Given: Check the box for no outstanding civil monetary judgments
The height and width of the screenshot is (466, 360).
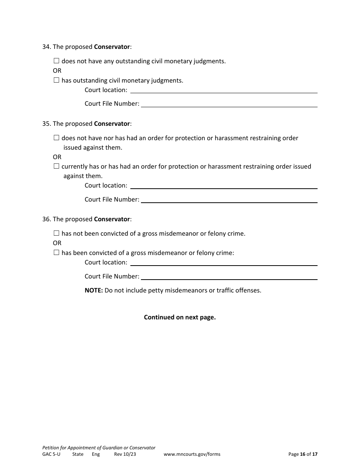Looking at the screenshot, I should (56, 61).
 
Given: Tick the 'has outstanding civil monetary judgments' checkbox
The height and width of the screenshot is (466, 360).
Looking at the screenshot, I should (56, 80).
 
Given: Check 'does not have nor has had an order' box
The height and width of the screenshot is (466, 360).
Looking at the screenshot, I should (56, 138).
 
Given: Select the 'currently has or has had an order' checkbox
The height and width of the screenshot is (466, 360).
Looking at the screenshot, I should (56, 166).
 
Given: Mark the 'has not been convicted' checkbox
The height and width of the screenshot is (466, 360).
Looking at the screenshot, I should (56, 233).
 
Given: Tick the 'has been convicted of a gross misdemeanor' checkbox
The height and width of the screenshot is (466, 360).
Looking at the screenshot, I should (56, 252).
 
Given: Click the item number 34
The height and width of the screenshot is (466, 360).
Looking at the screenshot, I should (46, 47).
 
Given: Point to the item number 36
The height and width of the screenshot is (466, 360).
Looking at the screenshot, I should (46, 219).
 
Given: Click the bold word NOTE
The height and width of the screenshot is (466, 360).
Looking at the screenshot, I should (94, 291).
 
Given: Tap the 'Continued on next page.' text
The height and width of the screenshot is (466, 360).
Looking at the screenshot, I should (180, 317).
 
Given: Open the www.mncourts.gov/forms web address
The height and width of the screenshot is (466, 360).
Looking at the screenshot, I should (192, 454).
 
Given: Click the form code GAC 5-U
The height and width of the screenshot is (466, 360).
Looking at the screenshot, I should (51, 454).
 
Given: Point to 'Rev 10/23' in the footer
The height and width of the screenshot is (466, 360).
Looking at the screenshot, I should (125, 454).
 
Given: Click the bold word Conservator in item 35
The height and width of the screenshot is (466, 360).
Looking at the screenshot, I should (112, 124).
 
